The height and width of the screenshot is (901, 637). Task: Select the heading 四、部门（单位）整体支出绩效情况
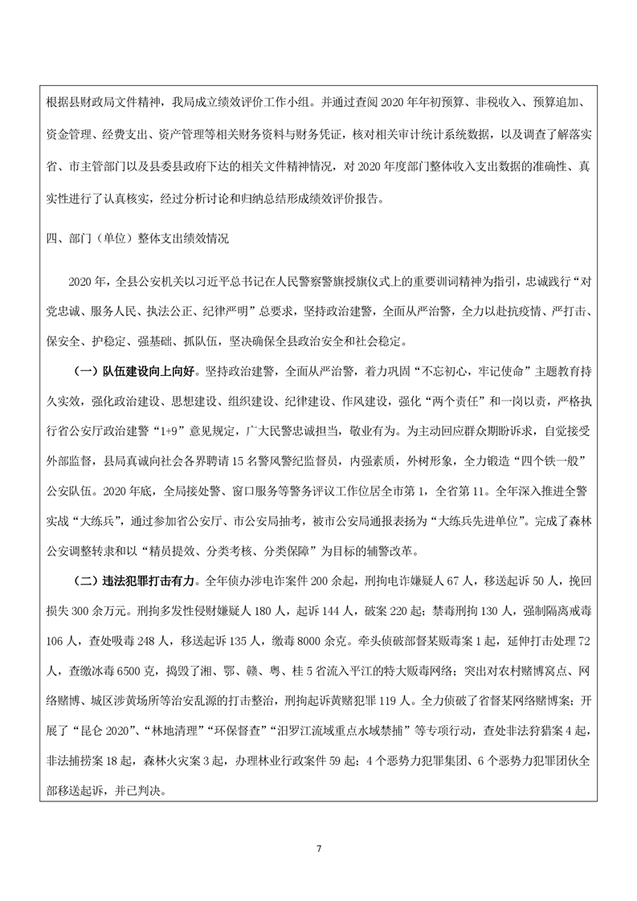(x=138, y=238)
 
